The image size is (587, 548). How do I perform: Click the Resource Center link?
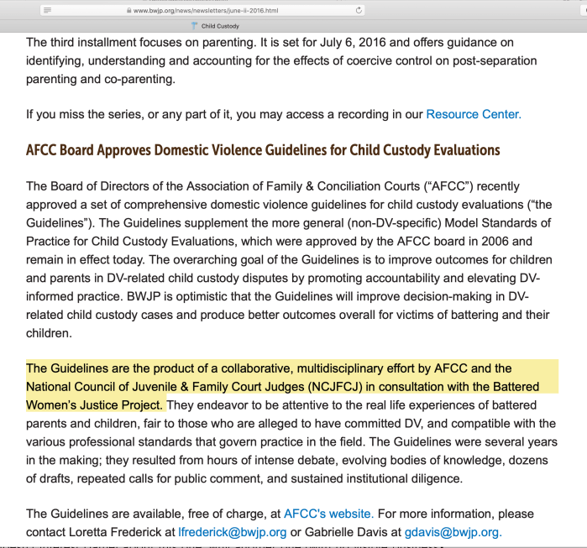(x=474, y=113)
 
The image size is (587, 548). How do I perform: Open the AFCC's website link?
(x=328, y=514)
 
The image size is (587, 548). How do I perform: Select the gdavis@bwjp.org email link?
(x=454, y=532)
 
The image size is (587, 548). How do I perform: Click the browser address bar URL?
(x=205, y=10)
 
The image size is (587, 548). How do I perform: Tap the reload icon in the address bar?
(x=359, y=10)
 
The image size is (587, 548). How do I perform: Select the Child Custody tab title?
(x=220, y=26)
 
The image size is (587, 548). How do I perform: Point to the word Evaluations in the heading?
(x=460, y=150)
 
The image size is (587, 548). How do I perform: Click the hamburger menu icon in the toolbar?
(x=49, y=10)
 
